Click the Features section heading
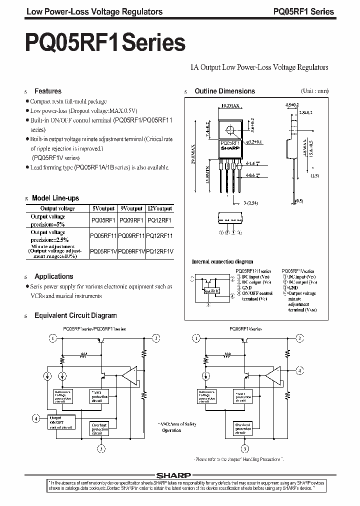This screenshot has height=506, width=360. (47, 91)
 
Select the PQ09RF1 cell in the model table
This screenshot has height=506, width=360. (131, 219)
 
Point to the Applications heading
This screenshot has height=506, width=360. (53, 276)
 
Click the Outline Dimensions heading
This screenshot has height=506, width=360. (224, 91)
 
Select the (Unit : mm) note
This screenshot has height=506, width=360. (314, 91)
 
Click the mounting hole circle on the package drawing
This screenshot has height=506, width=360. (230, 131)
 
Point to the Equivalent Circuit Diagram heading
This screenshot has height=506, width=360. (75, 315)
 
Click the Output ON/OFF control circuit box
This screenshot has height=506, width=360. (60, 421)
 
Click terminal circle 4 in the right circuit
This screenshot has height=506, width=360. (299, 371)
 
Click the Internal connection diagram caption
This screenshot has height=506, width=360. (222, 261)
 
